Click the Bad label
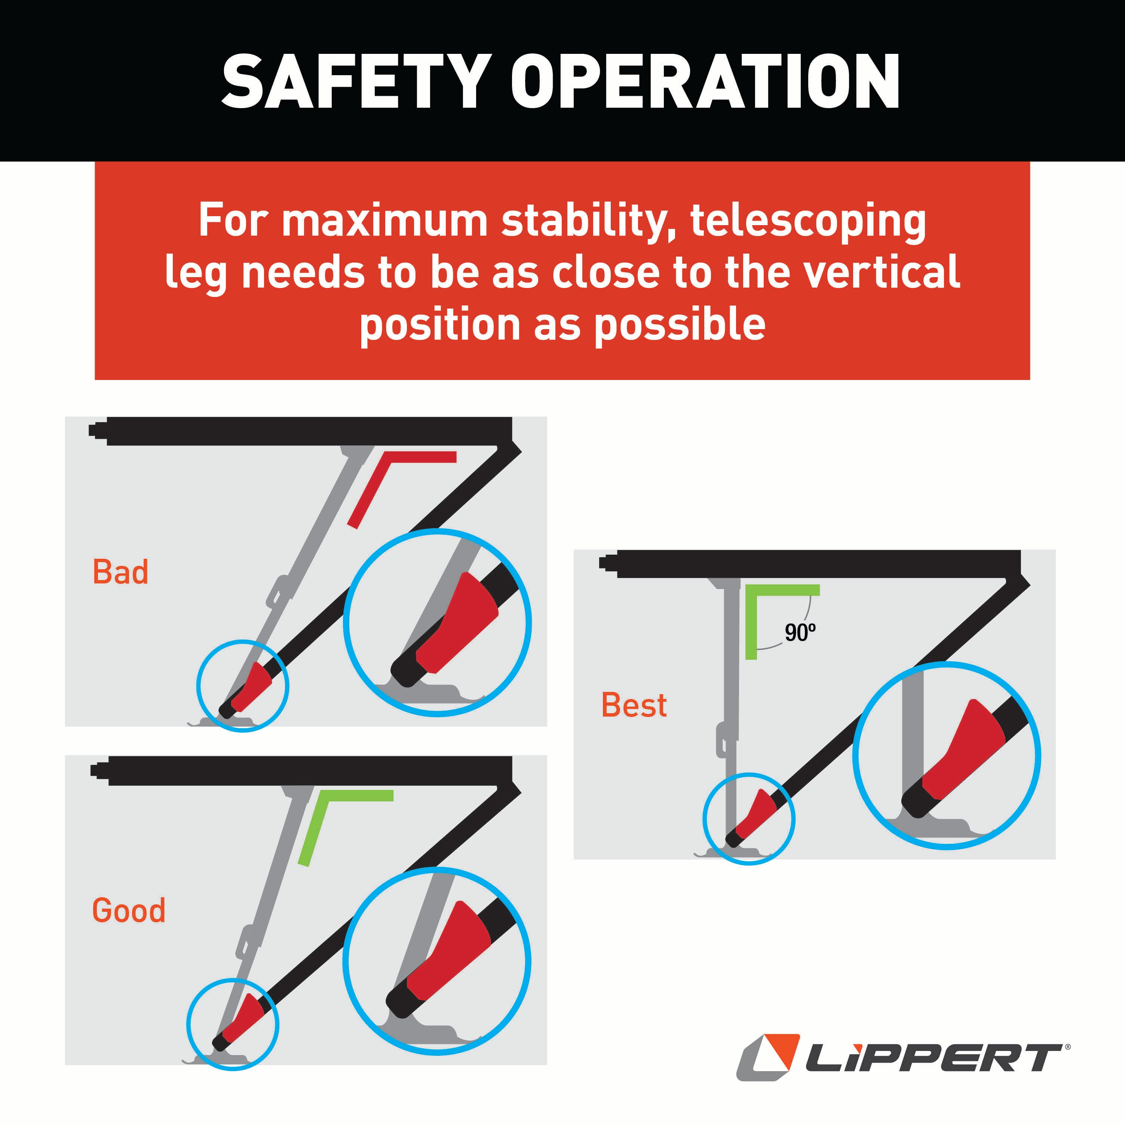click(x=120, y=572)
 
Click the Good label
click(x=129, y=910)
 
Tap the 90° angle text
click(x=800, y=632)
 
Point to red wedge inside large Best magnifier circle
click(x=967, y=751)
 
